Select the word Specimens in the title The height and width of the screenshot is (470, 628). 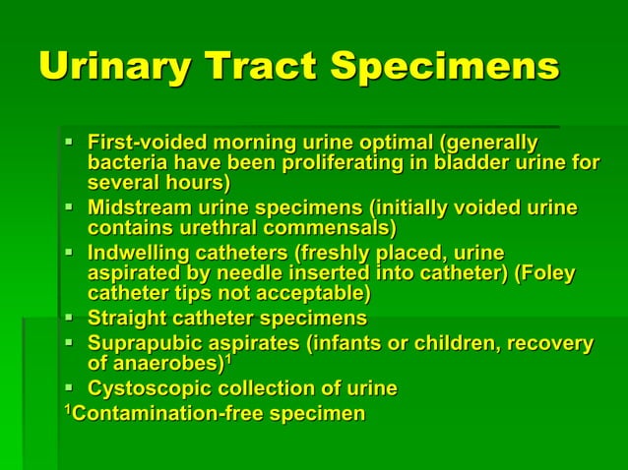(x=444, y=67)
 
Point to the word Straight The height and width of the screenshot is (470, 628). (x=125, y=319)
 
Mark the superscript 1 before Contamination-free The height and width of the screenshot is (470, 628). (x=69, y=408)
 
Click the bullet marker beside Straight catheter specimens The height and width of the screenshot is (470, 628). (x=69, y=319)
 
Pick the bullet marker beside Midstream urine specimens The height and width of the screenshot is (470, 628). (x=69, y=208)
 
